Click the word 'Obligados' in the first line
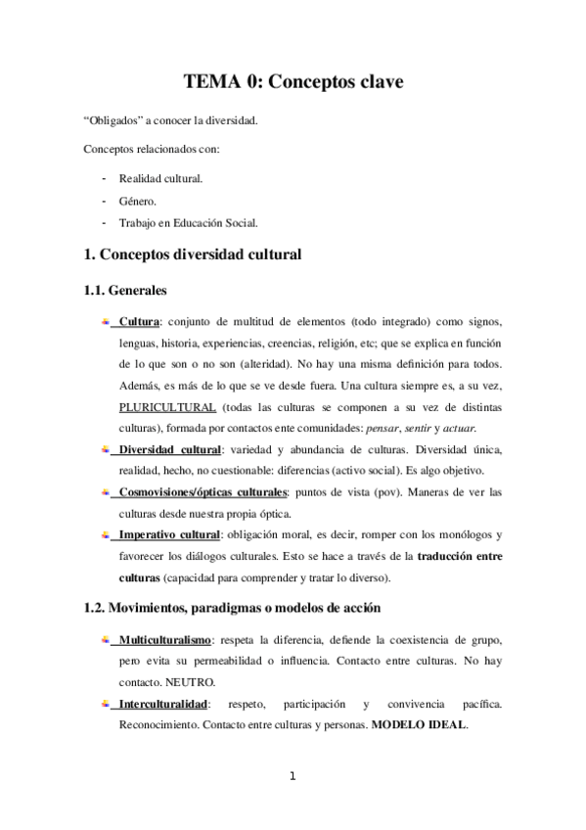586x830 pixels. [x=113, y=122]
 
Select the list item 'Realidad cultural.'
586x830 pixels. [x=160, y=179]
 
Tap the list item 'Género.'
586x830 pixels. [x=137, y=201]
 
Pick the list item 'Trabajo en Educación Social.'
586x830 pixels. [x=189, y=222]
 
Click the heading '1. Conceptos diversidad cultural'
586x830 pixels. [x=193, y=255]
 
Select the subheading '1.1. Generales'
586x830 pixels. [x=126, y=291]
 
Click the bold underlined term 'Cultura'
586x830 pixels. [x=140, y=323]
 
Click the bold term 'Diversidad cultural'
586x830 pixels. [x=168, y=449]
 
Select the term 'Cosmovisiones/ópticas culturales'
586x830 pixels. [x=203, y=492]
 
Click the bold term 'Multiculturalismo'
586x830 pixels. [x=163, y=640]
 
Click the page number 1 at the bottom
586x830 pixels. [x=293, y=777]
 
